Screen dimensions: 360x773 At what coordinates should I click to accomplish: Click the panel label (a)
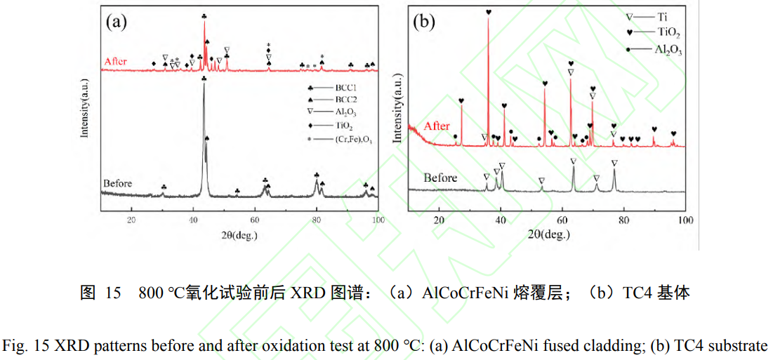pyautogui.click(x=116, y=22)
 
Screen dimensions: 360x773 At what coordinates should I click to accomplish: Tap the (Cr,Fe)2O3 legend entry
pyautogui.click(x=336, y=139)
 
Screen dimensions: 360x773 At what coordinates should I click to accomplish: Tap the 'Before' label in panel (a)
pyautogui.click(x=117, y=184)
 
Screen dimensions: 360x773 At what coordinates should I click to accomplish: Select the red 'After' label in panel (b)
pyautogui.click(x=437, y=126)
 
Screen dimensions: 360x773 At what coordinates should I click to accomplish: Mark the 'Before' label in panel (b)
pyautogui.click(x=440, y=178)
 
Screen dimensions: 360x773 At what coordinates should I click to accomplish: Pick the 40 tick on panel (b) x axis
pyautogui.click(x=501, y=220)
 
